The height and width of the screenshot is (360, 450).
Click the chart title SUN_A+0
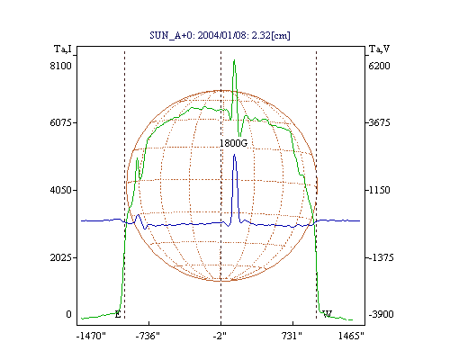(x=171, y=36)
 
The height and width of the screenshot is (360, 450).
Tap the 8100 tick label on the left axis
(x=61, y=66)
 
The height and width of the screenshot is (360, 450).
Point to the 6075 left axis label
(x=61, y=122)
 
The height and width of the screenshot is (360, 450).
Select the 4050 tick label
(x=61, y=190)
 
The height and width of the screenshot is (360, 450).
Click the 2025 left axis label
(x=61, y=257)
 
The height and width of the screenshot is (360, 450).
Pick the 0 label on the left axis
(x=68, y=314)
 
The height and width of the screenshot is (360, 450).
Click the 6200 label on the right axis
(x=379, y=66)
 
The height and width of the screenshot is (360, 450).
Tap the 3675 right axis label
(x=379, y=122)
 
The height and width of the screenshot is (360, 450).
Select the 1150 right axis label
(x=379, y=190)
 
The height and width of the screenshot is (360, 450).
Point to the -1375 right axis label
(x=381, y=257)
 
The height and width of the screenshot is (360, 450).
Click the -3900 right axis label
(x=381, y=314)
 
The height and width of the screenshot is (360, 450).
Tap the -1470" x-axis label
(x=91, y=336)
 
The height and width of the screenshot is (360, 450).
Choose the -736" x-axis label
(x=148, y=336)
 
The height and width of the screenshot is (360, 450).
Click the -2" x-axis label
(x=220, y=336)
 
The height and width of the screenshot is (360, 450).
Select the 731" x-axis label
(x=292, y=336)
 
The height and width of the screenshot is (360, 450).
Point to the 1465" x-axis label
(x=351, y=336)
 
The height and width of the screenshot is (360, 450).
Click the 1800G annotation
(x=234, y=143)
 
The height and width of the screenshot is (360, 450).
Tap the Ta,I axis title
(x=63, y=49)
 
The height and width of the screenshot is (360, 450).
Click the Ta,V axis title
(x=379, y=49)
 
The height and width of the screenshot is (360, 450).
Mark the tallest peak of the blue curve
(x=234, y=155)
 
